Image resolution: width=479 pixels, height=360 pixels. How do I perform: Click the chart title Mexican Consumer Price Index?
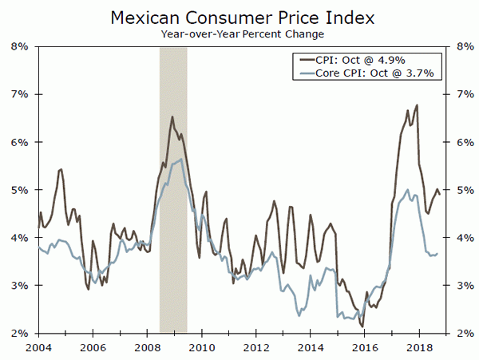pyautogui.click(x=239, y=17)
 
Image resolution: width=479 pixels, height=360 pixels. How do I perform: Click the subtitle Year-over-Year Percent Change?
pyautogui.click(x=239, y=34)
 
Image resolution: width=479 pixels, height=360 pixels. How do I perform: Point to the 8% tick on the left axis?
pyautogui.click(x=20, y=46)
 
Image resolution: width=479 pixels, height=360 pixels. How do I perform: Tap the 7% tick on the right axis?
pyautogui.click(x=461, y=94)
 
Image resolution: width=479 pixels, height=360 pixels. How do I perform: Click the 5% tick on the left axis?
pyautogui.click(x=20, y=190)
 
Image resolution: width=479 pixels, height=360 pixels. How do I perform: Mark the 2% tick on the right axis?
pyautogui.click(x=461, y=334)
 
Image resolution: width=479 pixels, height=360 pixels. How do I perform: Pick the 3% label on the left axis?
pyautogui.click(x=20, y=286)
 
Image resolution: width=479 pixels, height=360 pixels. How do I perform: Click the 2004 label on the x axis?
pyautogui.click(x=38, y=347)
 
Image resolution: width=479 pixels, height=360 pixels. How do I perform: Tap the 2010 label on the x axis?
pyautogui.click(x=201, y=347)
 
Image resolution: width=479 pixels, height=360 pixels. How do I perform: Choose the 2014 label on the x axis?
pyautogui.click(x=310, y=347)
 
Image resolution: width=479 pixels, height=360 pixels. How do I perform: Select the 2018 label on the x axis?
pyautogui.click(x=418, y=347)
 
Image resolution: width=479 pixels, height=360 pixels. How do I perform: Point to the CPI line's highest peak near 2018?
pyautogui.click(x=417, y=105)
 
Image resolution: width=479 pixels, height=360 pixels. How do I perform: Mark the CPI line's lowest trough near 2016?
pyautogui.click(x=362, y=326)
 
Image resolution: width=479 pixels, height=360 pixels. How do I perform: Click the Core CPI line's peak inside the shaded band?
pyautogui.click(x=182, y=159)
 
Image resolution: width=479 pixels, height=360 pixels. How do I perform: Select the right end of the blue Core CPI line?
pyautogui.click(x=437, y=253)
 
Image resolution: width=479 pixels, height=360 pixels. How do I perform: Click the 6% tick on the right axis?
pyautogui.click(x=461, y=142)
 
